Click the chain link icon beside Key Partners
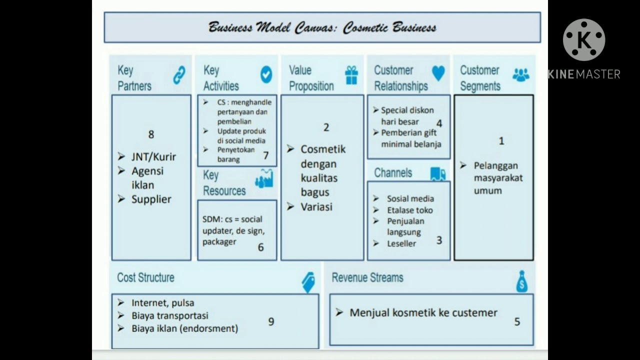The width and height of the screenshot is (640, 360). pos(179,75)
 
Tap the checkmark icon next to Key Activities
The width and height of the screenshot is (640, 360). pos(266,74)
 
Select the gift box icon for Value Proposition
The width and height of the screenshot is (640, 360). pos(351,75)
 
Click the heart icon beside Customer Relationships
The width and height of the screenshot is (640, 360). pos(438,73)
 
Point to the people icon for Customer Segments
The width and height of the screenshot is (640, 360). pos(520,74)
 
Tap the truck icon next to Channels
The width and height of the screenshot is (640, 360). pos(437,173)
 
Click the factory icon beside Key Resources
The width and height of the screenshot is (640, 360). pos(264,178)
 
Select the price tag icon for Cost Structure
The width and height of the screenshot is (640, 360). pos(308,282)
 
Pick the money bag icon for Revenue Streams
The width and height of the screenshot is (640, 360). pos(521,281)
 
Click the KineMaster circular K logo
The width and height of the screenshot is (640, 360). pos(583,40)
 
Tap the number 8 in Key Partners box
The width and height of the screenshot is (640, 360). pos(151,134)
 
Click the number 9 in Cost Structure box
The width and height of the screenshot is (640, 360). pos(271,321)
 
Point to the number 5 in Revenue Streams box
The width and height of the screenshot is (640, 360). pos(517,322)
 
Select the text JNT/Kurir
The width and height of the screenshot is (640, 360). pos(153,156)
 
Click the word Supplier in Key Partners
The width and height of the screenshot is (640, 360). pos(151,199)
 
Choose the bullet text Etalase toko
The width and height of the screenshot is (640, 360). pos(409,210)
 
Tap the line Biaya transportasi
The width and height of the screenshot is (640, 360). pos(169,315)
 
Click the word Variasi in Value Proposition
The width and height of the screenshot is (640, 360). pos(316,206)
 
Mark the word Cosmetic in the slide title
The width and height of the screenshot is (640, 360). pos(363,27)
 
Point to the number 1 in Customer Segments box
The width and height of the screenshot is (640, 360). pos(501,141)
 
